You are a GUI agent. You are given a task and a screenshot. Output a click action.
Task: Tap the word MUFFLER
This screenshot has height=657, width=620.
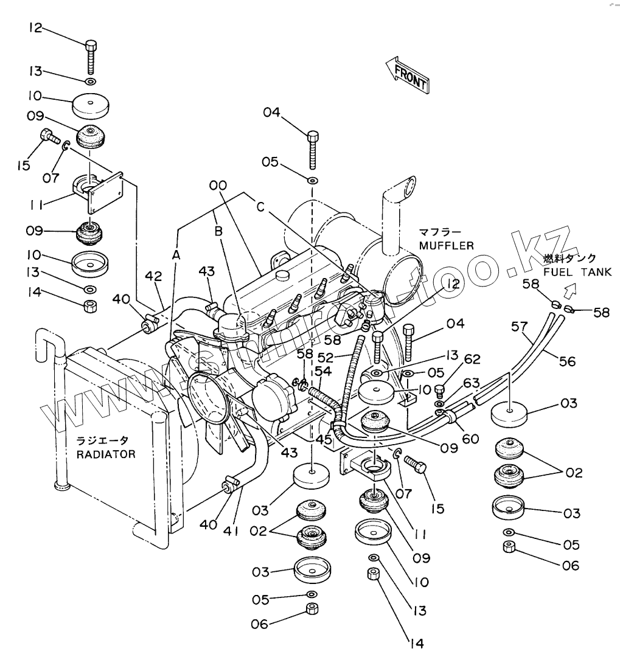(445, 245)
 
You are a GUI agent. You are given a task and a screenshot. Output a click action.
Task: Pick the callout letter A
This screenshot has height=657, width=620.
(176, 256)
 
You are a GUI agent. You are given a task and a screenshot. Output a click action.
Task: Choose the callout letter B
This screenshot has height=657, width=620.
(217, 232)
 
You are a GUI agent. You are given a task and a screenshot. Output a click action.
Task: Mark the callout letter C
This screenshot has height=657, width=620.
(260, 207)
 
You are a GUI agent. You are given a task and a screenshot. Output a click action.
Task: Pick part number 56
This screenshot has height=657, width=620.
(566, 361)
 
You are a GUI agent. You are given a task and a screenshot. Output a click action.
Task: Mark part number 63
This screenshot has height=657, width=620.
(472, 384)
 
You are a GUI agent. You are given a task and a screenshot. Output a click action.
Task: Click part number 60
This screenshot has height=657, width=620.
(470, 438)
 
